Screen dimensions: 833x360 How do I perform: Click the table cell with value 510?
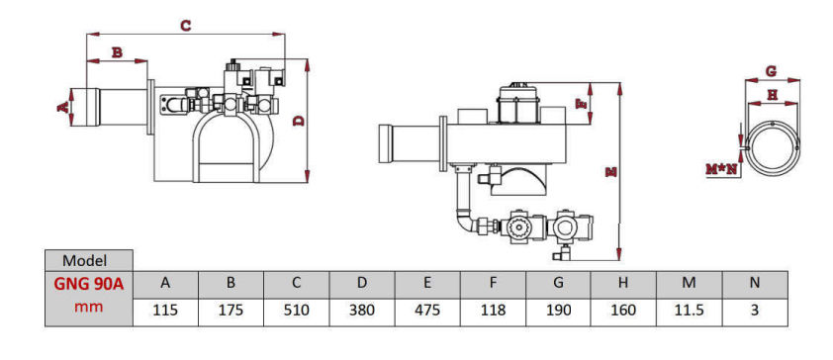click(x=297, y=311)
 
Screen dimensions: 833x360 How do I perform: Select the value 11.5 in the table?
click(x=689, y=311)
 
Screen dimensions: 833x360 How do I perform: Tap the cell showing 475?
click(x=427, y=311)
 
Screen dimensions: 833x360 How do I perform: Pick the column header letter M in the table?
click(x=689, y=283)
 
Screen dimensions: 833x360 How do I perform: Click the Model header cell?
click(x=89, y=261)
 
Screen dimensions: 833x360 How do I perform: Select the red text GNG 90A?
click(x=89, y=284)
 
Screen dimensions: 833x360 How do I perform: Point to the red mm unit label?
click(x=89, y=307)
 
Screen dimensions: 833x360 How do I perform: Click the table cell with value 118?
click(x=493, y=311)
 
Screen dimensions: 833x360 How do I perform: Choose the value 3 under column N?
click(x=755, y=311)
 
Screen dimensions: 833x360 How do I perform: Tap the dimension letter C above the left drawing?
click(x=185, y=25)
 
